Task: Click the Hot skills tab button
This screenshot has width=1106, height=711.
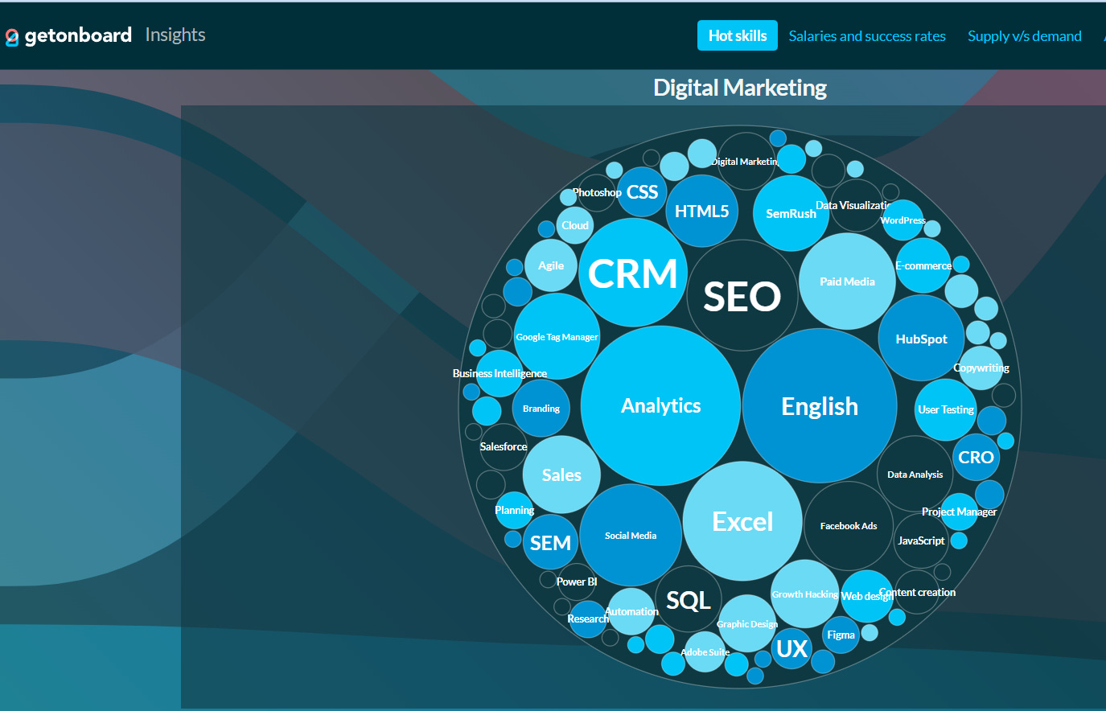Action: [737, 35]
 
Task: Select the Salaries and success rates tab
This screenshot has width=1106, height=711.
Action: [866, 36]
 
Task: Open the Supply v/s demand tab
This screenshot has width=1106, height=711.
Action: [1024, 36]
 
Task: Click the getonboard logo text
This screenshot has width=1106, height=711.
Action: [78, 35]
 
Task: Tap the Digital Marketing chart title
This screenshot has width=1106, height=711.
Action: [739, 88]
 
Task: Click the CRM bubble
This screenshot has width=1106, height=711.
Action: [632, 273]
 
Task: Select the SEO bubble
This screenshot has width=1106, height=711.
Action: [742, 296]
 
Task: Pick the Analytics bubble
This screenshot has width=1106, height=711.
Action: [660, 405]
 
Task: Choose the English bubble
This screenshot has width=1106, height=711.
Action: [819, 406]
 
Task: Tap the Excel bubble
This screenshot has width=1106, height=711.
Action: [742, 521]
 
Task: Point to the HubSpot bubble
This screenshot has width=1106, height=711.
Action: [921, 339]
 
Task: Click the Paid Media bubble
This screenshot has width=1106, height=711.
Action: [847, 282]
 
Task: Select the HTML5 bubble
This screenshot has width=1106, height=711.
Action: [701, 211]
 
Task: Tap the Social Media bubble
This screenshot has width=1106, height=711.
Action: [631, 535]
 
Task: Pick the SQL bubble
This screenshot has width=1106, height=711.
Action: [689, 600]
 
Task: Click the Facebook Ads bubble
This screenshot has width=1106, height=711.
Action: [849, 526]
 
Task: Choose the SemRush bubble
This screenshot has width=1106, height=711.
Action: [791, 213]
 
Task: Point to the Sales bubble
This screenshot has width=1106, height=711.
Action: [561, 475]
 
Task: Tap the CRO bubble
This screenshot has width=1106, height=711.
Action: [976, 457]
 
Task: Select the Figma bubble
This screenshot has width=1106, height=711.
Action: [841, 635]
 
